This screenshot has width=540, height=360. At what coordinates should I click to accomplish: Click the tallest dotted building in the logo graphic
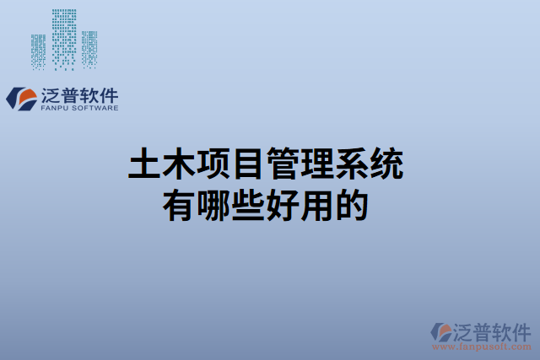point(64,38)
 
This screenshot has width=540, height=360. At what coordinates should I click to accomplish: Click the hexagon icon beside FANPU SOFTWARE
point(20,98)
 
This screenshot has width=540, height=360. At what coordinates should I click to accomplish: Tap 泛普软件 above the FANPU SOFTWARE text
point(78,94)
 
